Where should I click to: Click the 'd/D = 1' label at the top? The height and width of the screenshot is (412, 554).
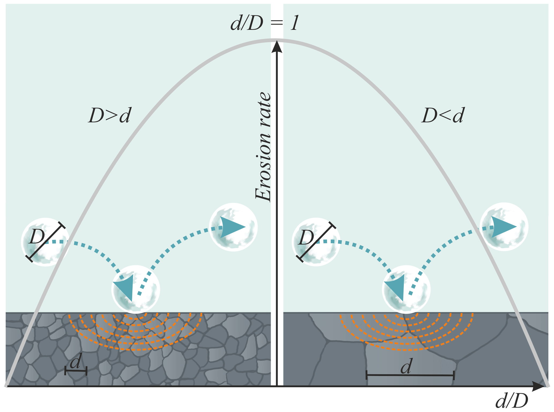(264, 24)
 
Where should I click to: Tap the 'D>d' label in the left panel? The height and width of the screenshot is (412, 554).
(110, 116)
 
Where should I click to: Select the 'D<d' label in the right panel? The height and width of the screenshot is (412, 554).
(443, 116)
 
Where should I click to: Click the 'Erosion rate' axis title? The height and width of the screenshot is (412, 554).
(263, 146)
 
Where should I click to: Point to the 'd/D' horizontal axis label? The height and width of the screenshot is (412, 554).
(512, 401)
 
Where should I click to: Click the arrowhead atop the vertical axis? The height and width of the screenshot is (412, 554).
(277, 47)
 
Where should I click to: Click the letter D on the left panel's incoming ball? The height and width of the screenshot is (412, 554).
(36, 237)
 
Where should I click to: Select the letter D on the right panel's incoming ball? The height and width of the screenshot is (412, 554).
(306, 238)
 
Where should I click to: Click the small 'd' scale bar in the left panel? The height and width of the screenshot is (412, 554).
(76, 371)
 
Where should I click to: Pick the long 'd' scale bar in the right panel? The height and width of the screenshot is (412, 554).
(410, 375)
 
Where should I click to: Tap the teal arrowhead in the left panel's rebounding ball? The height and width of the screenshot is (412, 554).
(232, 227)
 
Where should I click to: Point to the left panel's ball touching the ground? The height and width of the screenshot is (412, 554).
(136, 289)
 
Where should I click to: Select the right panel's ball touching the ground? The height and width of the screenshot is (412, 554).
(406, 289)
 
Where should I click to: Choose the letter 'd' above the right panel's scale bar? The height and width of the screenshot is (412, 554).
(406, 366)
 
